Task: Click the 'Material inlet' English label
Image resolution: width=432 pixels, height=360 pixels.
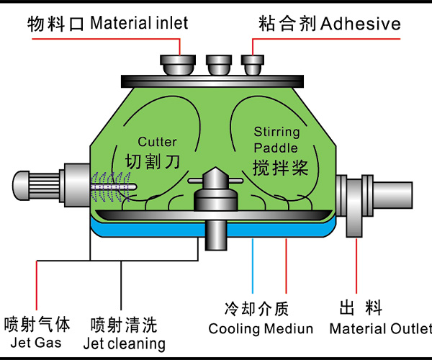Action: click(140, 23)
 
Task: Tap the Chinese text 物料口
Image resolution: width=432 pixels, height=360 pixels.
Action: click(57, 23)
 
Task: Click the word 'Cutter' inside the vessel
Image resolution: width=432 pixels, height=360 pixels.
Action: click(157, 142)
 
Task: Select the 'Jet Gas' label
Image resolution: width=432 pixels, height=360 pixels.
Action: click(28, 343)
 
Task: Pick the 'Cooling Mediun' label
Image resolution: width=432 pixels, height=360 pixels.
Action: click(261, 329)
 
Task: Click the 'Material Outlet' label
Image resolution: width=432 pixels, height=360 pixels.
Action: click(380, 329)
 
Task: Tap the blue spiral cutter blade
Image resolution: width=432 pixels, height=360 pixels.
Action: click(114, 186)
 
